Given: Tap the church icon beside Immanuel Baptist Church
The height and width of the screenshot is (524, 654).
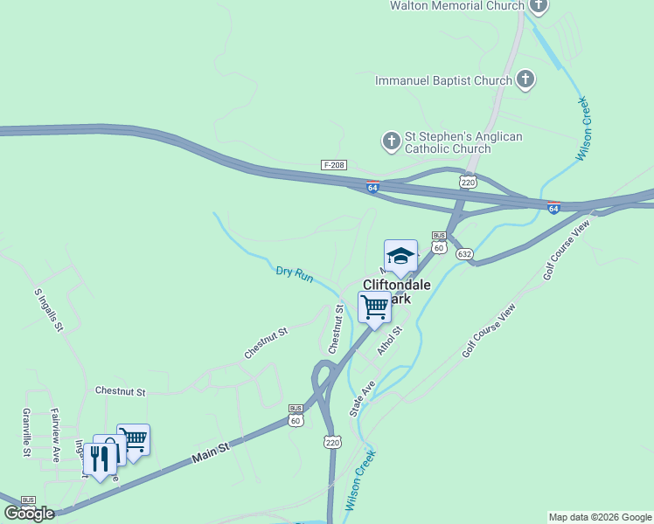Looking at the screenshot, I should [x=525, y=80].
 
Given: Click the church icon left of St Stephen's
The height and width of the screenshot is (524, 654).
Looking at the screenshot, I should [x=391, y=139].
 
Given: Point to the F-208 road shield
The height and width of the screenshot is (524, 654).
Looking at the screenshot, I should [x=334, y=165].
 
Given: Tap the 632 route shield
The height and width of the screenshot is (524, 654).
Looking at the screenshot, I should [x=464, y=254].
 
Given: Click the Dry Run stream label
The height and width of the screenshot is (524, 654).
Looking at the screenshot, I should [x=295, y=273].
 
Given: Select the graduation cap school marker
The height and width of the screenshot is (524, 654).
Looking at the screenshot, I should [x=400, y=255].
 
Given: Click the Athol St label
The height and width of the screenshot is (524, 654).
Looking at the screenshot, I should [x=388, y=341].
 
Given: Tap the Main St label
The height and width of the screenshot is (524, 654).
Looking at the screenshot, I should [x=211, y=450].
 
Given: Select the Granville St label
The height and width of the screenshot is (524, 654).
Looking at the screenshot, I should [x=27, y=432].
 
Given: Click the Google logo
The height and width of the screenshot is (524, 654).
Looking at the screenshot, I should [x=29, y=514].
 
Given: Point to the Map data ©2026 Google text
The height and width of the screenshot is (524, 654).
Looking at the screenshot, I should [x=599, y=517].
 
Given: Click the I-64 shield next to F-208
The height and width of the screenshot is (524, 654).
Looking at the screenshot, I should [x=372, y=187].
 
